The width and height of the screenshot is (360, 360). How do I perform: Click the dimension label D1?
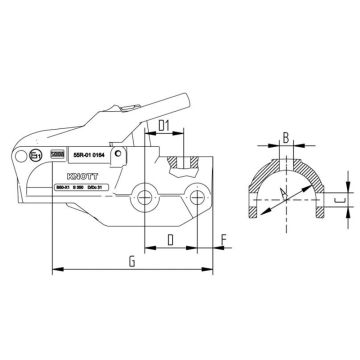click(167, 127)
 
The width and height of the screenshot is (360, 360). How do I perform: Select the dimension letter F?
click(221, 237)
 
